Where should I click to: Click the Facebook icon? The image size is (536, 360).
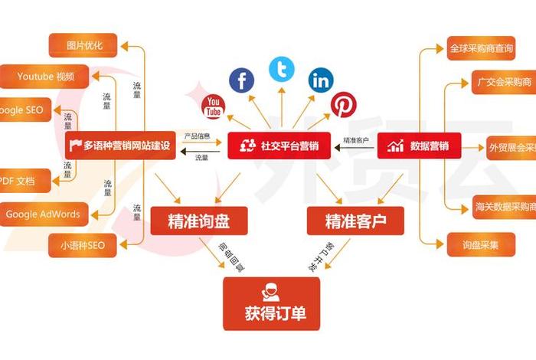coord(242,80)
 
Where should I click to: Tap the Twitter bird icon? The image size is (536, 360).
coord(282,70)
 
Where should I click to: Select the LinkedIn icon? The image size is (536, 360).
coord(321,80)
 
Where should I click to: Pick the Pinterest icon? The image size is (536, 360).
coord(342,105)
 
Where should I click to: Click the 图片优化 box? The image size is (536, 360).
coord(85,45)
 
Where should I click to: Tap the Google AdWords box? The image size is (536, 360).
coord(43,214)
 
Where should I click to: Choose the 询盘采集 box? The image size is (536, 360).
coord(481,244)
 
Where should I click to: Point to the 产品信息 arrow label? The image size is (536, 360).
coord(197,136)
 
